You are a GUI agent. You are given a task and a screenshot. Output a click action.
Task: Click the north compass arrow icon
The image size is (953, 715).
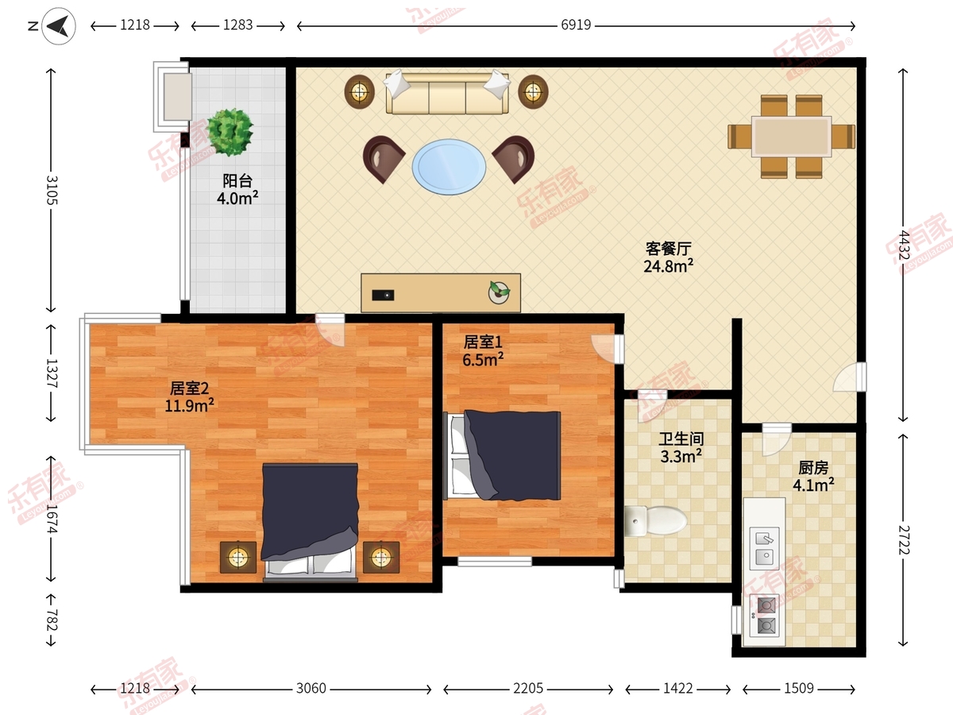point(55,27)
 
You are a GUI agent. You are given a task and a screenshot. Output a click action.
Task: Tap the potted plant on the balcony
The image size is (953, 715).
point(230,131)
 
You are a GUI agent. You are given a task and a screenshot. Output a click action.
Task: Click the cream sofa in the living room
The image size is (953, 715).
point(447,93)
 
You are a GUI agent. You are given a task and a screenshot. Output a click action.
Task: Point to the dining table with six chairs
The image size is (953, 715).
point(791,137)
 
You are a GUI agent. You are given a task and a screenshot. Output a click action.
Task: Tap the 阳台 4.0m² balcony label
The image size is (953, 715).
point(237,189)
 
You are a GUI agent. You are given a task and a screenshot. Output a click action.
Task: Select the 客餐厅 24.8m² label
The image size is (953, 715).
point(668,257)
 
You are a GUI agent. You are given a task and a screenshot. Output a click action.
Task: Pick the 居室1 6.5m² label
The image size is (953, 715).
point(484,350)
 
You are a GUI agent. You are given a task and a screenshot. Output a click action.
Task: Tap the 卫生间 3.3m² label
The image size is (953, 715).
point(681,446)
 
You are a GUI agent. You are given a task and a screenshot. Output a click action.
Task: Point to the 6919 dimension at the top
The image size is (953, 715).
point(576,25)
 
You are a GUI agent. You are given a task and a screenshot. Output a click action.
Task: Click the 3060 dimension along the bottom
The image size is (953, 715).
point(311,688)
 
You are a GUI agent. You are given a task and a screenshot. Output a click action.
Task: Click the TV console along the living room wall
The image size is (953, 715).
point(441,292)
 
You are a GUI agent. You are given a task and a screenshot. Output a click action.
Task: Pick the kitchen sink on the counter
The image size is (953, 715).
point(764,548)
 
